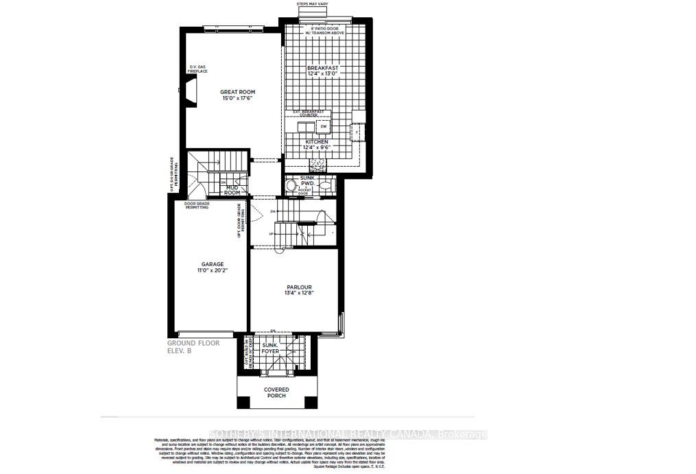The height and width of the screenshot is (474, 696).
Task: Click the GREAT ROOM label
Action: pyautogui.click(x=237, y=92)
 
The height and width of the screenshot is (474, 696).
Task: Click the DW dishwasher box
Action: pyautogui.click(x=323, y=127)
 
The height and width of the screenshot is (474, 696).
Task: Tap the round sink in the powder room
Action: pyautogui.click(x=291, y=186)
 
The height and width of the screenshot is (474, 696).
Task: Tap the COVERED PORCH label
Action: pyautogui.click(x=276, y=392)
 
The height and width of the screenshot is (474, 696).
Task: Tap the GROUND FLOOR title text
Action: pyautogui.click(x=194, y=342)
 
